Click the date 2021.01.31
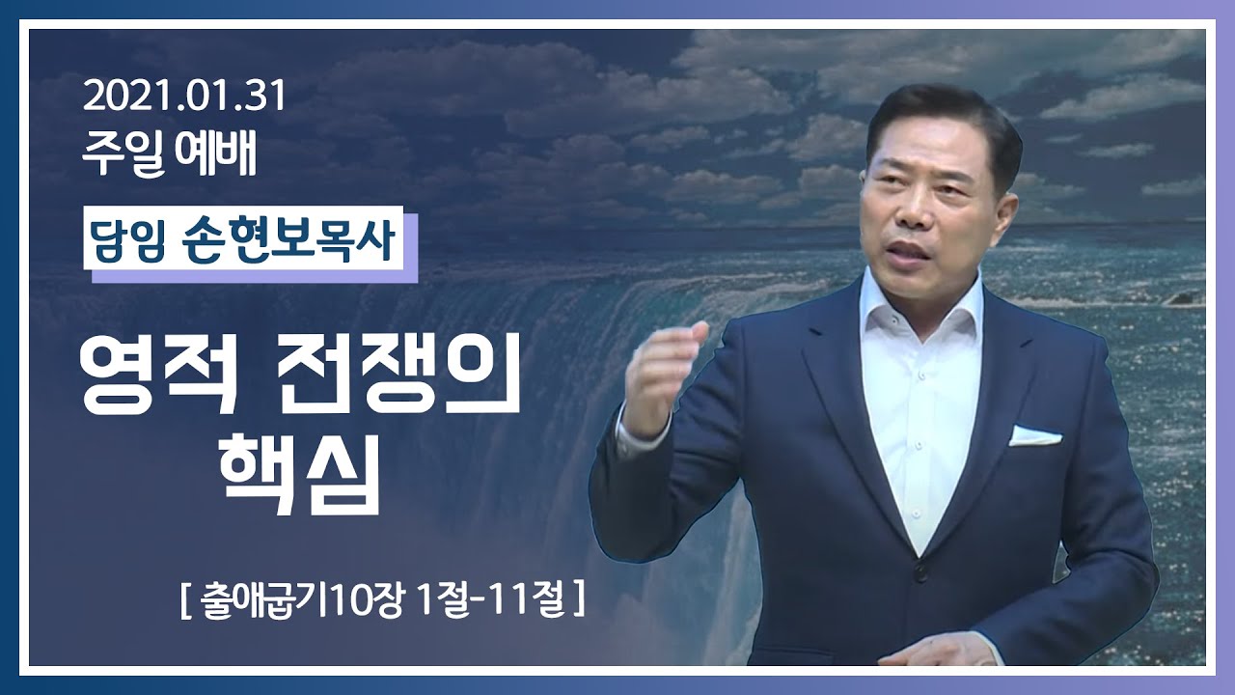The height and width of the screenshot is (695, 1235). (184, 98)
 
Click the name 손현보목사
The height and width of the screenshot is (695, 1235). (290, 242)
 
